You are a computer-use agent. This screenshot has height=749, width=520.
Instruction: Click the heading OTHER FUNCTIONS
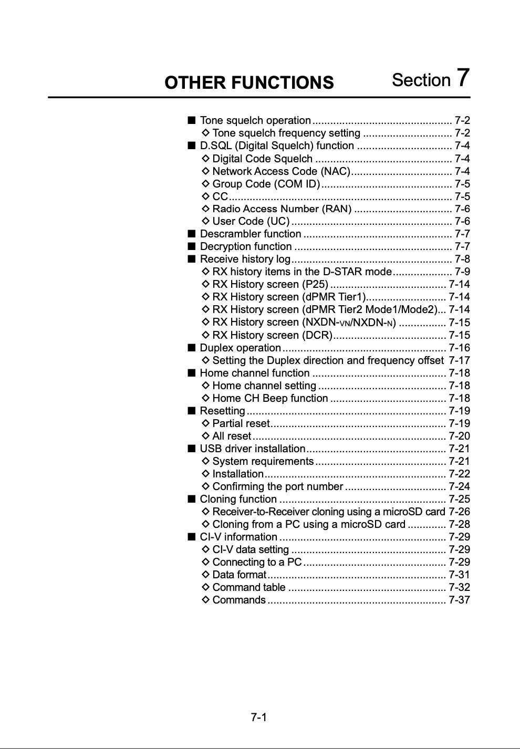(249, 82)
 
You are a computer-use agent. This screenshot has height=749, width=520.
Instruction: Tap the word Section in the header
(421, 80)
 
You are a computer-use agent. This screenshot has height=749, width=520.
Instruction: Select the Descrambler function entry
(251, 234)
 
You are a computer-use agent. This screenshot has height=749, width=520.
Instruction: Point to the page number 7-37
(459, 600)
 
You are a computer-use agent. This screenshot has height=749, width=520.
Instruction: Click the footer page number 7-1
(259, 717)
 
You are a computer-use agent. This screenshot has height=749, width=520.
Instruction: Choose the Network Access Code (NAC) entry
(281, 171)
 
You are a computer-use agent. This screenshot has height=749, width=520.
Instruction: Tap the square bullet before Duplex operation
(191, 347)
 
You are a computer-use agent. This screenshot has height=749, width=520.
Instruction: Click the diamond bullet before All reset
(206, 436)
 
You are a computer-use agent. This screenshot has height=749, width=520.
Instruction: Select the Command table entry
(249, 587)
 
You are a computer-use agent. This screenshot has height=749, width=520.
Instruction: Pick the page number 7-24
(459, 486)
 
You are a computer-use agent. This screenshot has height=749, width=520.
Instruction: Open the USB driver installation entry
(252, 449)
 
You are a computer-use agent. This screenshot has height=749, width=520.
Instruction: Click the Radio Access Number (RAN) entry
(282, 209)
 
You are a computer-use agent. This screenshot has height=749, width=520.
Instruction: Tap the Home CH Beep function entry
(270, 398)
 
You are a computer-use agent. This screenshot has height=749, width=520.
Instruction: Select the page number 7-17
(459, 360)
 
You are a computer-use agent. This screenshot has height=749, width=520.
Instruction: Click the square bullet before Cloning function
(191, 499)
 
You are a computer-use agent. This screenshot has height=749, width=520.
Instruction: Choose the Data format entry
(239, 575)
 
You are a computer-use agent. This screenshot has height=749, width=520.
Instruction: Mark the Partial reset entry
(241, 423)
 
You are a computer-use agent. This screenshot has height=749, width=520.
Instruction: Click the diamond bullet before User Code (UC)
(206, 221)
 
